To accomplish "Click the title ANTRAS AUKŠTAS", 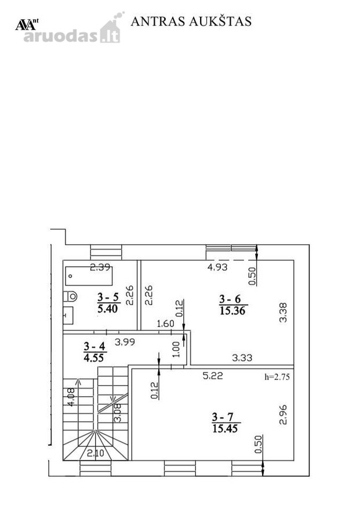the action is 191,21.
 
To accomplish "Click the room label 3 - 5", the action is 108,297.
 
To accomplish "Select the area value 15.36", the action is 232,311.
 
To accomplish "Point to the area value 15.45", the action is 225,429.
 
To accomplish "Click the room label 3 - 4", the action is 94,346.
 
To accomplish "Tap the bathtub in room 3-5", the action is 89,276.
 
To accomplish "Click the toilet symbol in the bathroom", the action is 70,296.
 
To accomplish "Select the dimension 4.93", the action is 217,267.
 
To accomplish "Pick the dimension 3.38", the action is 283,312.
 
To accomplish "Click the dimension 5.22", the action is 213,376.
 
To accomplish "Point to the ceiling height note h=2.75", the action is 277,377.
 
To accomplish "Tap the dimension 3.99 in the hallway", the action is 125,342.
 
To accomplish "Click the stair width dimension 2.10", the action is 96,453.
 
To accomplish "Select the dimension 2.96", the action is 283,415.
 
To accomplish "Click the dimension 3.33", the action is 242,358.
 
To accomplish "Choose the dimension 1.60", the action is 165,324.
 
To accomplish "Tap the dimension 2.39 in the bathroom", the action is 100,267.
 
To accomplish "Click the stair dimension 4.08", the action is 71,397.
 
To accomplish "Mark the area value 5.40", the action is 107,309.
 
